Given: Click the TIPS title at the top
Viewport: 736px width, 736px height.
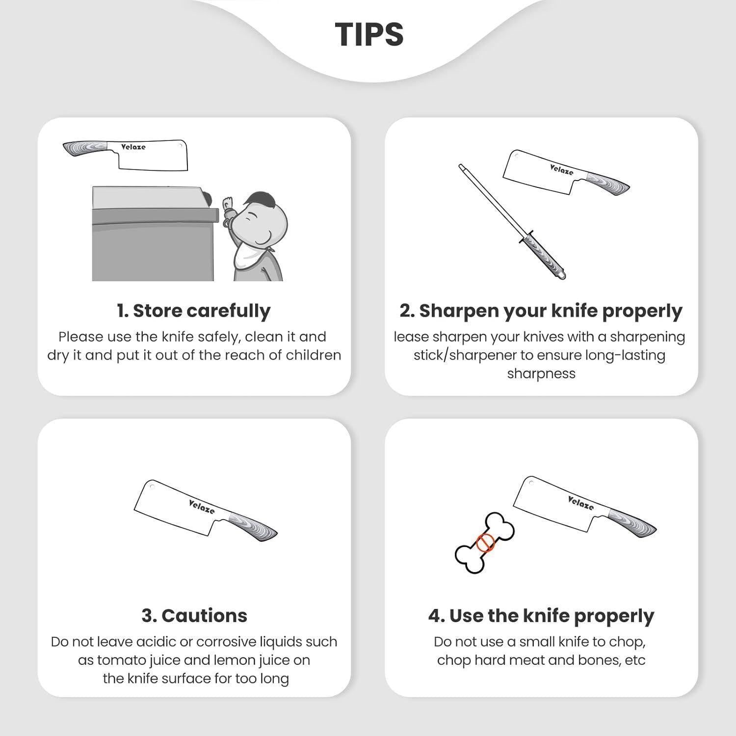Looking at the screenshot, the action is [369, 34].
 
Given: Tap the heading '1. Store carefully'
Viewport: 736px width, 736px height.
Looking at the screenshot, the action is [194, 311].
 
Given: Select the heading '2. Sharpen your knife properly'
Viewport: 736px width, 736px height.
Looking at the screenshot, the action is [541, 311].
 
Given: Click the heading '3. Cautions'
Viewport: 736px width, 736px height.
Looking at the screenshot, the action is [194, 615].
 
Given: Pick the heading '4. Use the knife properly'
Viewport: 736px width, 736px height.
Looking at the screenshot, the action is [541, 616].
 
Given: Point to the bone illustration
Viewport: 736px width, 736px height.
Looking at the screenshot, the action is [485, 543].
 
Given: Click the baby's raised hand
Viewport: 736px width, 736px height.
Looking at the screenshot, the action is [229, 206].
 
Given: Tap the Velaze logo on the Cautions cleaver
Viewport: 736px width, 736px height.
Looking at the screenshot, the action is [202, 506].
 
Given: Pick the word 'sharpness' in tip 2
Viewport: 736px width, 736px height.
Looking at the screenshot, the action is [541, 374].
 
